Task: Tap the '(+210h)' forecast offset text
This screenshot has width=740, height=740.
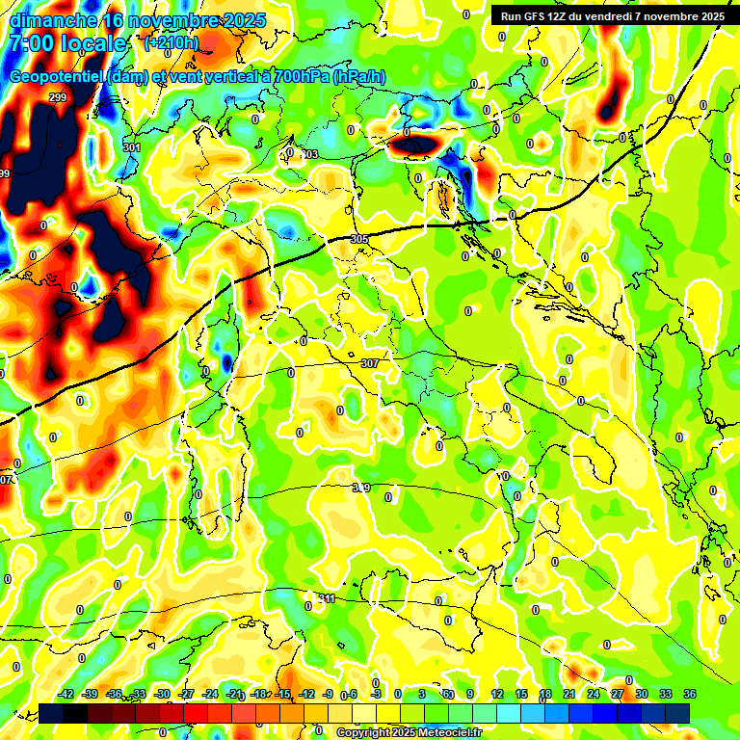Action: click(x=171, y=42)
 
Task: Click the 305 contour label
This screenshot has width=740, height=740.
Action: click(x=359, y=239)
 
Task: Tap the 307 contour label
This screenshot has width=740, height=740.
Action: click(x=369, y=363)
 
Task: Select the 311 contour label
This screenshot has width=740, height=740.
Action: click(x=328, y=598)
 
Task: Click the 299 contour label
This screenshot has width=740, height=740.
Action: click(x=58, y=97)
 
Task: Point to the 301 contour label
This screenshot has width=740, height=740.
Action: click(x=132, y=147)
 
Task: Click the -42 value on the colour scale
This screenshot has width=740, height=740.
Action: click(x=66, y=694)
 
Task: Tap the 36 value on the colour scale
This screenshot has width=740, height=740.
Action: click(x=690, y=694)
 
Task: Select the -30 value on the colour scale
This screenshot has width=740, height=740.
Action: click(x=163, y=694)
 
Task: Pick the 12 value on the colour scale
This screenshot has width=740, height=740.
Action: click(x=496, y=694)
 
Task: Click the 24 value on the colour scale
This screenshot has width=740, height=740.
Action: click(x=594, y=694)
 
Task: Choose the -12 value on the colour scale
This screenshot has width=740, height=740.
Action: click(x=307, y=694)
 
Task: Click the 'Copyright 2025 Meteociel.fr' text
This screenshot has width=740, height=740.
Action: click(x=409, y=732)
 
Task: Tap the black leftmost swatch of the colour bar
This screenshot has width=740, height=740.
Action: click(x=51, y=712)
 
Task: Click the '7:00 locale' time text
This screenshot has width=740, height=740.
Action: click(x=67, y=43)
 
